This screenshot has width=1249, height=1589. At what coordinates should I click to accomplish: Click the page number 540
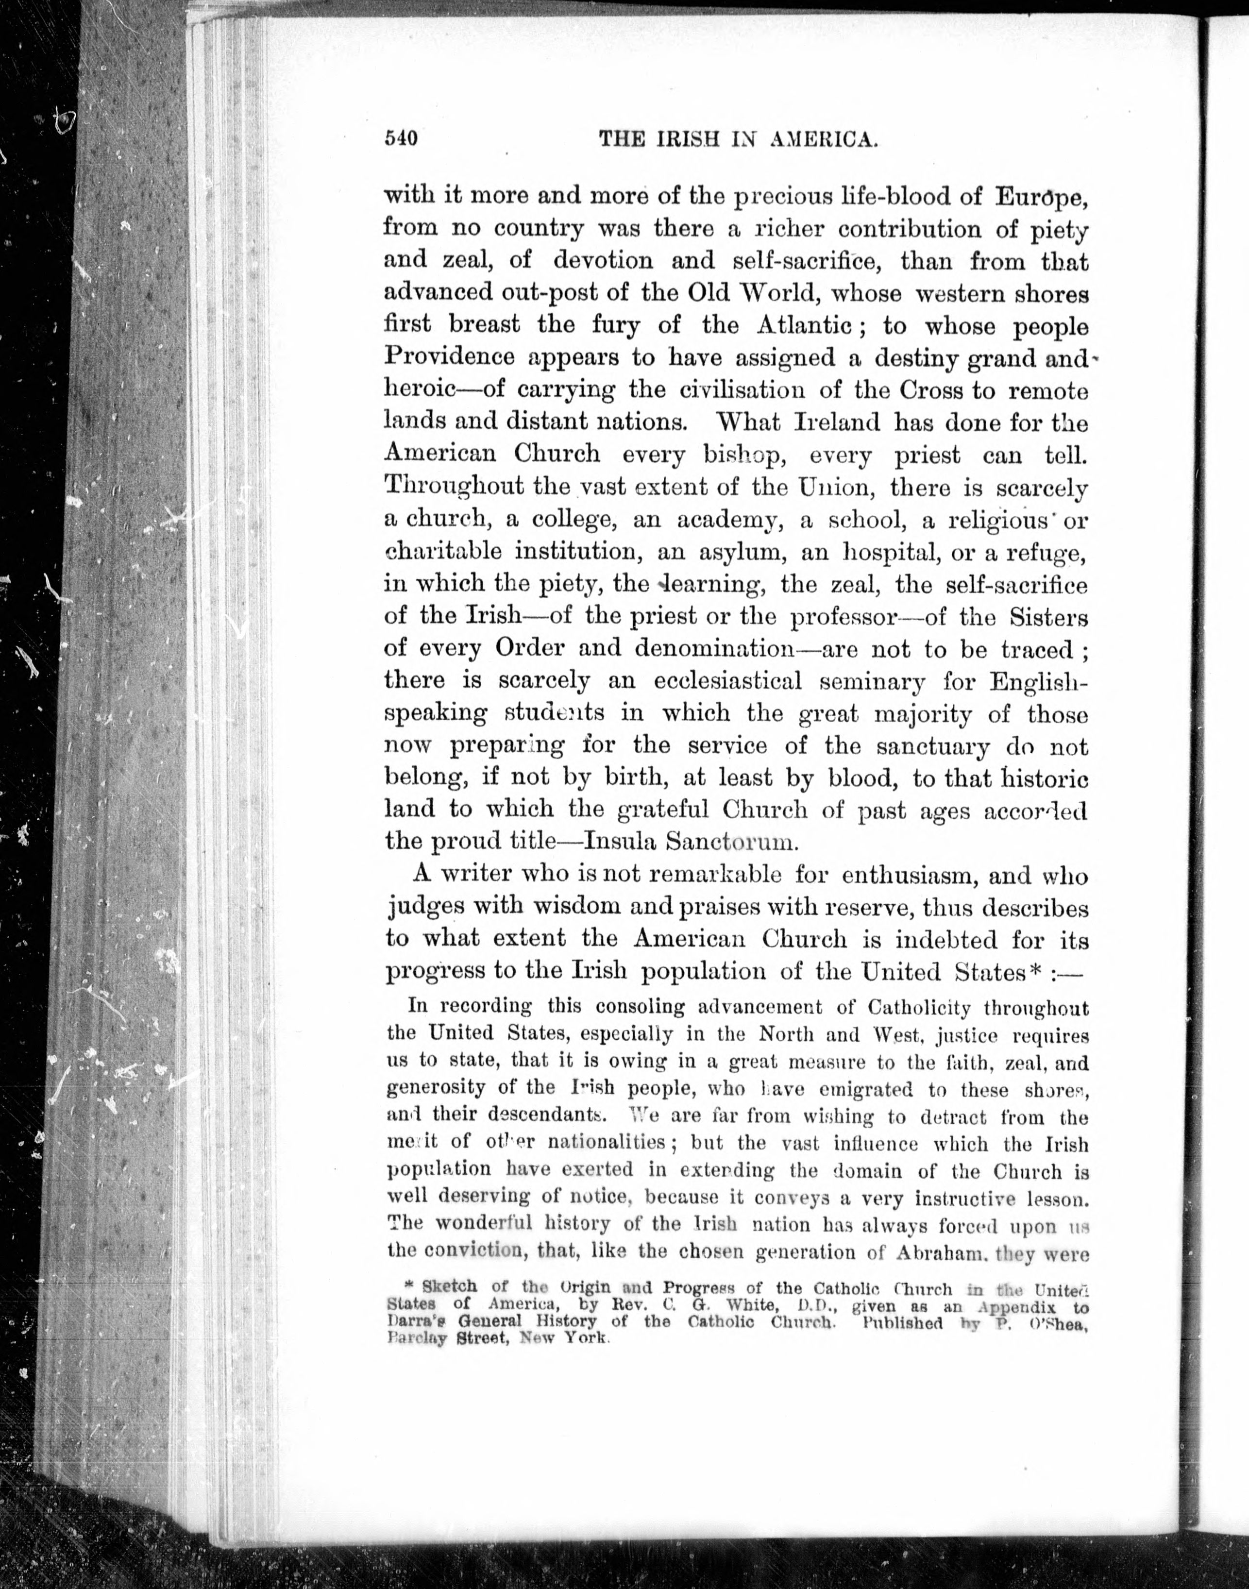tap(401, 138)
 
